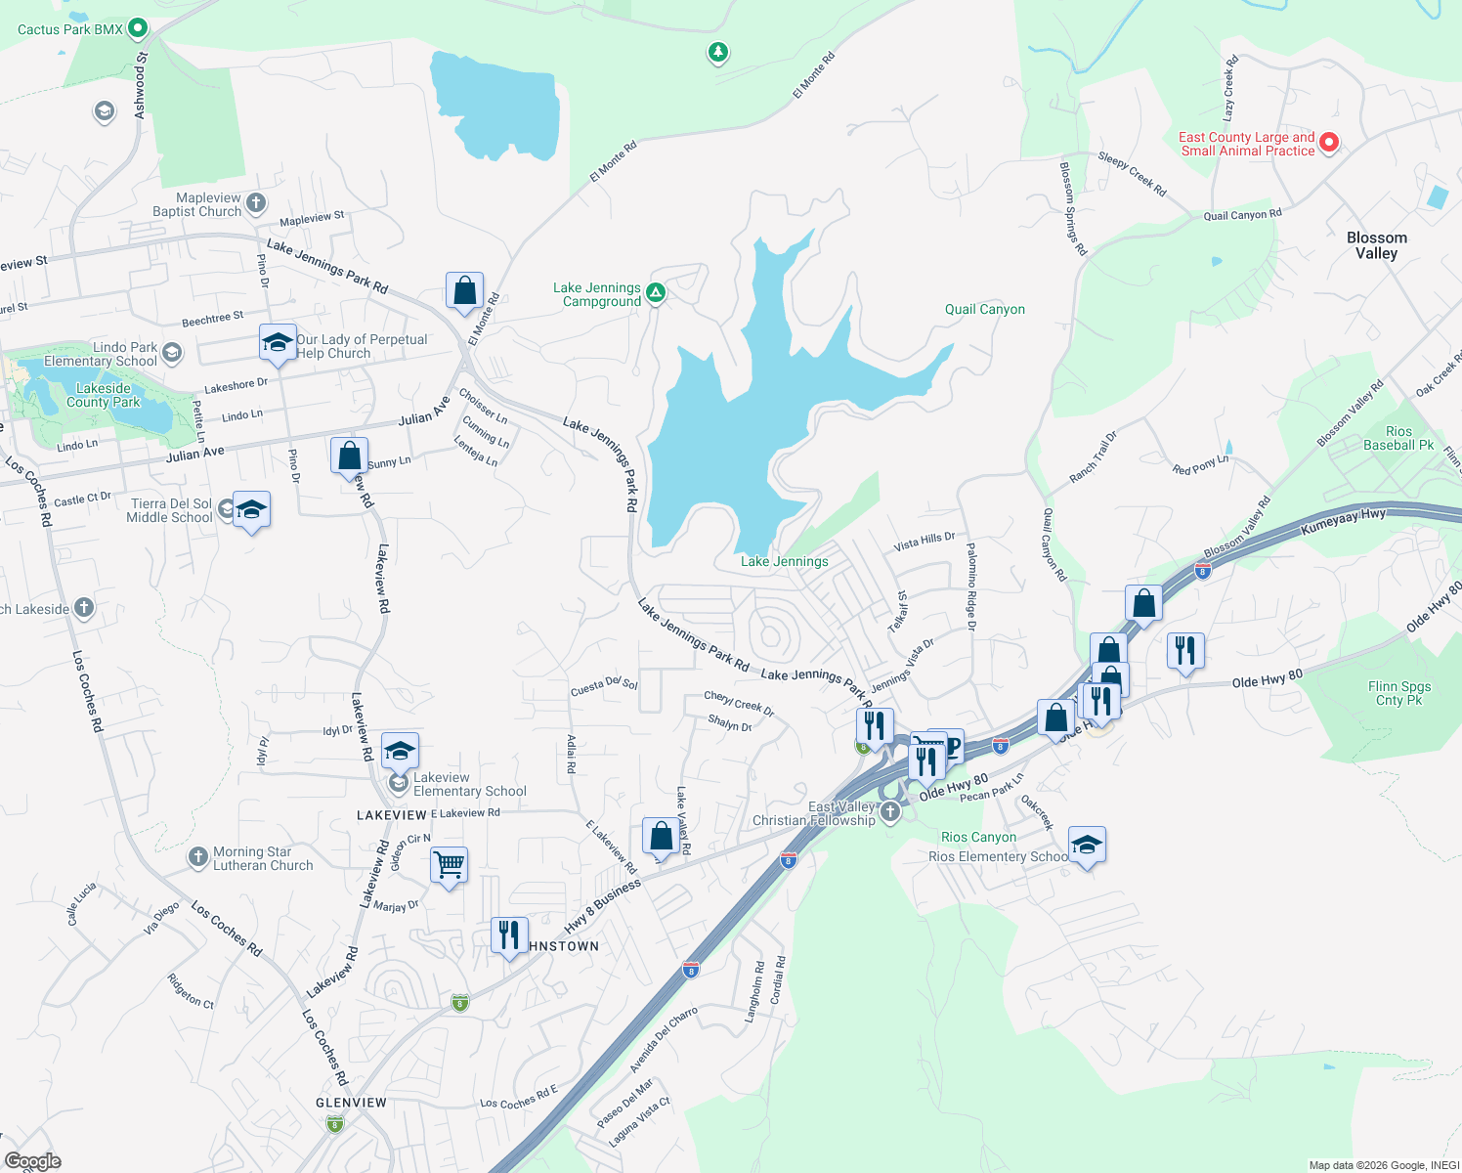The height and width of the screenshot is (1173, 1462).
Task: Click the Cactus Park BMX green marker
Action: [138, 28]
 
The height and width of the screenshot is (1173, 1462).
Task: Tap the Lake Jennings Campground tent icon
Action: [657, 292]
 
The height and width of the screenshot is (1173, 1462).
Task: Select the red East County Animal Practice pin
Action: [1328, 143]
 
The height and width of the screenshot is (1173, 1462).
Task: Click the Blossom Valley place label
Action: [1376, 245]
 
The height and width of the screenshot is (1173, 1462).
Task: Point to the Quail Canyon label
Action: [984, 309]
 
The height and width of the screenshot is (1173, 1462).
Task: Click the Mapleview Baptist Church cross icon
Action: [256, 203]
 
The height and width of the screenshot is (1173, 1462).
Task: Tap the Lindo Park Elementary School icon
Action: [172, 353]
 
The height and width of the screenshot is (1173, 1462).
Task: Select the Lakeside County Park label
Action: [104, 395]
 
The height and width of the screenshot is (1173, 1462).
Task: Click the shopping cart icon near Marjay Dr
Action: [449, 865]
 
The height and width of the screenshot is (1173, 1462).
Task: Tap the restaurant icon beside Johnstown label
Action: [508, 935]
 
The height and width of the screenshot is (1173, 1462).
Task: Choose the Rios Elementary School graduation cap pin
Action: [1086, 845]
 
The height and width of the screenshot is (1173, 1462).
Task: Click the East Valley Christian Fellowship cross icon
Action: [889, 811]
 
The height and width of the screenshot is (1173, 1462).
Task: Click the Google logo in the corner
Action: [32, 1160]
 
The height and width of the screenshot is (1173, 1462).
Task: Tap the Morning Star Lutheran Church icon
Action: [197, 858]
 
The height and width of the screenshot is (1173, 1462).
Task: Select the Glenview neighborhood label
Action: [351, 1102]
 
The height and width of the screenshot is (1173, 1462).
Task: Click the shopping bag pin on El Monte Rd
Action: [464, 290]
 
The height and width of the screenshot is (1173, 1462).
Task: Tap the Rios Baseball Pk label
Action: [1397, 438]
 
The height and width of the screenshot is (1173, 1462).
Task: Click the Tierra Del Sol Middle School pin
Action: [251, 510]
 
